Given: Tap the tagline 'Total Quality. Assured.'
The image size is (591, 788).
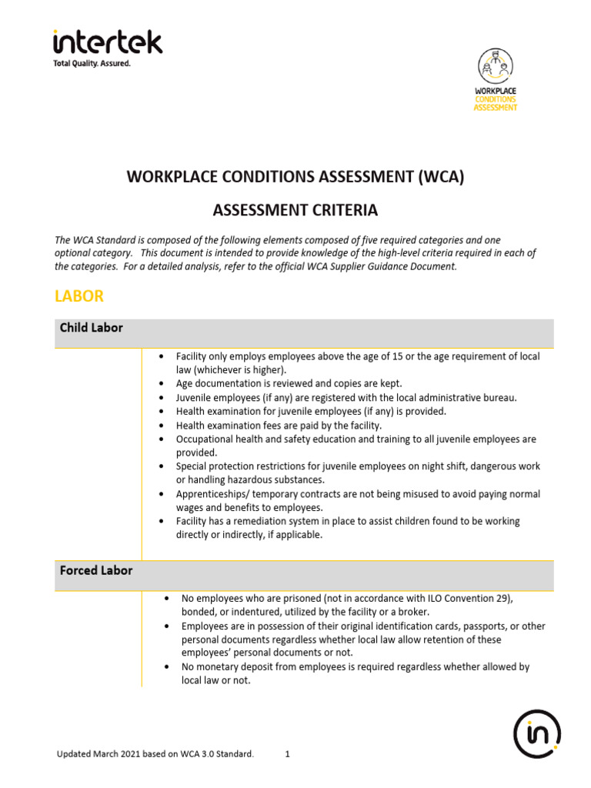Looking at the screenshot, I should pos(92,64).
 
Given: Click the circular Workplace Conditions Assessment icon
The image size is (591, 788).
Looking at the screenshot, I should pos(495,66).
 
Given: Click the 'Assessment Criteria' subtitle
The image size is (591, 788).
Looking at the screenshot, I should pos(295,209).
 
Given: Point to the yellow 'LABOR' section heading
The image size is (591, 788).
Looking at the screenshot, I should pos(78,295).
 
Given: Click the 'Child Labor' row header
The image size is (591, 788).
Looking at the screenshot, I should pos(91,328).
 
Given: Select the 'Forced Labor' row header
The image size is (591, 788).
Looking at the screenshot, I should pos(95,571).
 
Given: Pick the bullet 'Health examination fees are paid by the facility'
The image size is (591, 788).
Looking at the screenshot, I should pos(279,425).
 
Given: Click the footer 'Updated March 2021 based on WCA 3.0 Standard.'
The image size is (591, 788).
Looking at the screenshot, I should pos(155,754).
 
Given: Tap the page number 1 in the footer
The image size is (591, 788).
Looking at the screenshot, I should pos(287,754).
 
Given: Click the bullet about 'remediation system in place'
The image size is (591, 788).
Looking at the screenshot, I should pos(346,528).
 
